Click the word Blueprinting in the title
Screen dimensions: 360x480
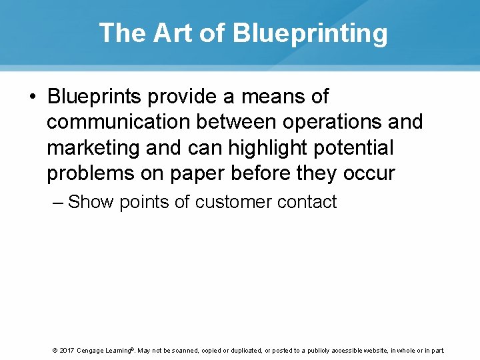tap(310, 33)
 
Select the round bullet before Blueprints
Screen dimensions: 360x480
tap(32, 97)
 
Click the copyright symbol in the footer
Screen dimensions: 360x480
tap(54, 350)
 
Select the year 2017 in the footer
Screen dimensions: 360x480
tap(66, 350)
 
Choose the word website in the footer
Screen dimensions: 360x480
tap(373, 350)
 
